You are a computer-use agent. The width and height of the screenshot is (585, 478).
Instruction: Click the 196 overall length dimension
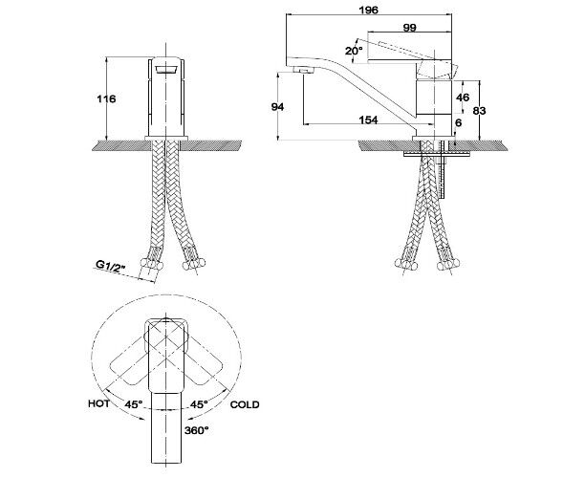pyautogui.click(x=368, y=10)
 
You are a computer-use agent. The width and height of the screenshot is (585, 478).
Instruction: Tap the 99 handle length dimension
pyautogui.click(x=409, y=28)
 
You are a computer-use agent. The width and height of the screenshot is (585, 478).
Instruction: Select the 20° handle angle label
pyautogui.click(x=354, y=51)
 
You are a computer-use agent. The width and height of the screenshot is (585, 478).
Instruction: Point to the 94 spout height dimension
pyautogui.click(x=277, y=107)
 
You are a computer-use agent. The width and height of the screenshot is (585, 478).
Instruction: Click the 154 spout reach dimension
pyautogui.click(x=368, y=119)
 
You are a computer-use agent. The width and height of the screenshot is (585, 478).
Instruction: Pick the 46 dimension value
pyautogui.click(x=463, y=98)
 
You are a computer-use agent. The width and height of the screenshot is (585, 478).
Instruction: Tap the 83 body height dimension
pyautogui.click(x=480, y=111)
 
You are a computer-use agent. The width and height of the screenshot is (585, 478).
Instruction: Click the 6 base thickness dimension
pyautogui.click(x=459, y=122)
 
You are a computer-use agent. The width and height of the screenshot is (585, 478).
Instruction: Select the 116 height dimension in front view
pyautogui.click(x=106, y=98)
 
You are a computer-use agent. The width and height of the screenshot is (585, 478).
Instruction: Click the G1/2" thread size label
pyautogui.click(x=111, y=267)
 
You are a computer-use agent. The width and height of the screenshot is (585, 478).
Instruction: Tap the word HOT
pyautogui.click(x=98, y=403)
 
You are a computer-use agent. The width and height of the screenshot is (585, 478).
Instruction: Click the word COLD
pyautogui.click(x=245, y=404)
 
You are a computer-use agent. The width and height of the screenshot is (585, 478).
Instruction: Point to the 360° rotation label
pyautogui.click(x=197, y=430)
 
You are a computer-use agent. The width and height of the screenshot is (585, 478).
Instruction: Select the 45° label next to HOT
pyautogui.click(x=134, y=404)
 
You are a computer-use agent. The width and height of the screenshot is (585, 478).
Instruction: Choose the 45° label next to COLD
pyautogui.click(x=199, y=404)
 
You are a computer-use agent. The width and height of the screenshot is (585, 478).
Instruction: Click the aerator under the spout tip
pyautogui.click(x=303, y=70)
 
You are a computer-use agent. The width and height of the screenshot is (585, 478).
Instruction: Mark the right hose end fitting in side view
pyautogui.click(x=446, y=264)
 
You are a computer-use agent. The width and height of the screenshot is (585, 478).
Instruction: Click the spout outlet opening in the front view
pyautogui.click(x=165, y=70)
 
